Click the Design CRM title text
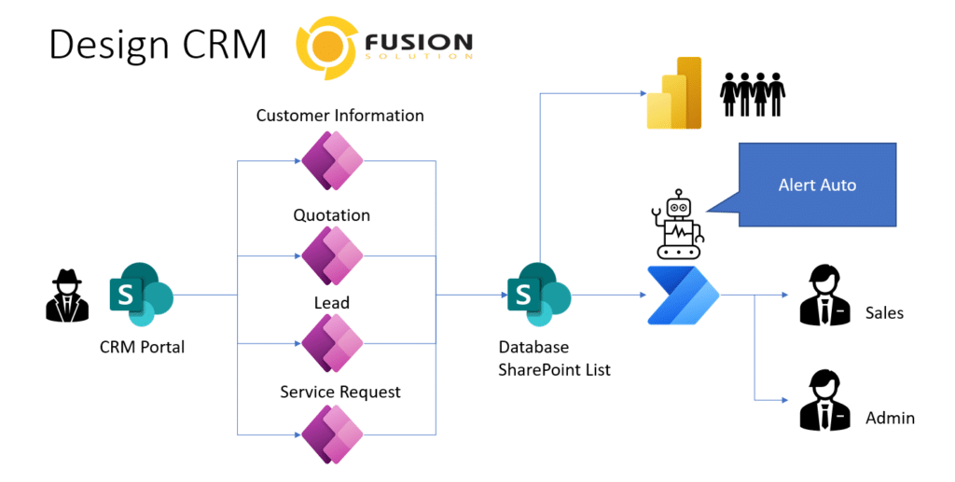pos(158,45)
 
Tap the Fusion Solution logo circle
pos(325,48)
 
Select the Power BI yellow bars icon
pos(673,93)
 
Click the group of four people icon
pos(753,94)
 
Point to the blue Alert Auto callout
pos(817,185)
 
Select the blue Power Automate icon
pos(682,296)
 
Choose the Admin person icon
pos(824,401)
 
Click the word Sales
pos(884,313)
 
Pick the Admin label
pos(890,418)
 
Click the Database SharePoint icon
pos(539,295)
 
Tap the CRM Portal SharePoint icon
pos(142,295)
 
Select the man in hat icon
pos(67,296)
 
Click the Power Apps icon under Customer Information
pos(332,161)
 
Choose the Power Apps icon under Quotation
pos(332,255)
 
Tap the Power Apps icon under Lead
pos(332,343)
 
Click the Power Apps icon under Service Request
pos(332,434)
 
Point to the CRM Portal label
pos(142,347)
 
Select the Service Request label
pos(340,392)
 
